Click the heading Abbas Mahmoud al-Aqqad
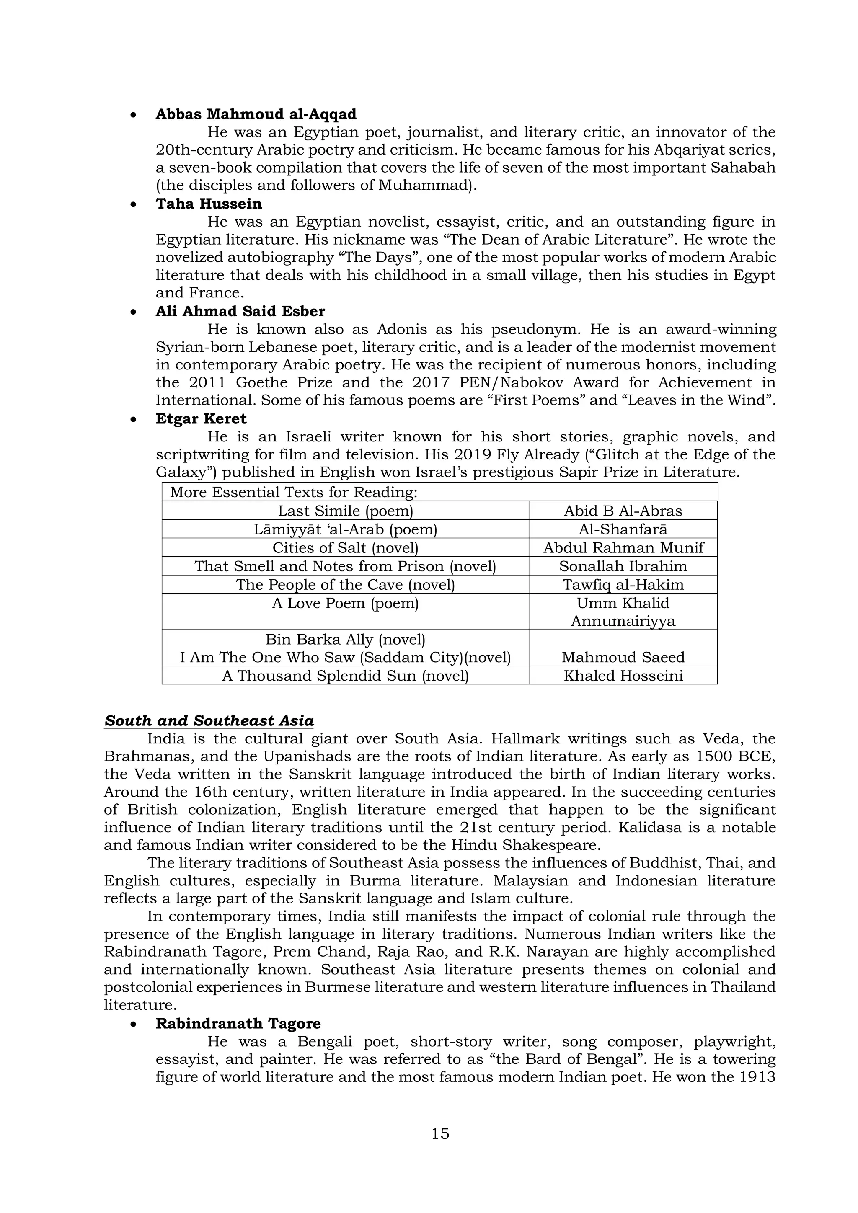point(256,114)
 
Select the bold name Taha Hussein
point(209,204)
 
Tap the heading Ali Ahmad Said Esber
point(240,311)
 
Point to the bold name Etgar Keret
point(201,419)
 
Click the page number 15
point(440,1133)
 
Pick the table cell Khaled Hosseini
point(623,676)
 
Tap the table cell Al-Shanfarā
point(623,529)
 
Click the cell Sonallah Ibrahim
point(623,566)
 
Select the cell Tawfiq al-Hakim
point(623,585)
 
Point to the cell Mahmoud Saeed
point(623,657)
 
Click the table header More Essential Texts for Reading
point(294,493)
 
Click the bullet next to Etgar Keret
point(134,419)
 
